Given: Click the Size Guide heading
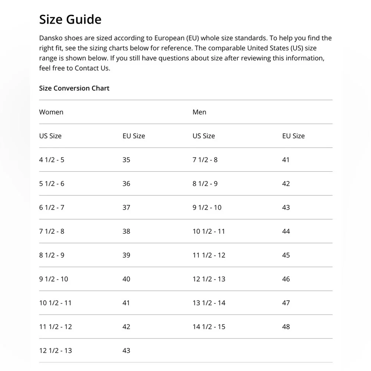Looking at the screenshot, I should (x=70, y=19).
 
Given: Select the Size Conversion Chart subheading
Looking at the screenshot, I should (x=74, y=88).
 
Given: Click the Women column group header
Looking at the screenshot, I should (x=51, y=112).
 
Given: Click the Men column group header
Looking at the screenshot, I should (x=199, y=112).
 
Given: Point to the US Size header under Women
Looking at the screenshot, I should (x=50, y=136).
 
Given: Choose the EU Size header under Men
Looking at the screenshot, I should (x=293, y=136).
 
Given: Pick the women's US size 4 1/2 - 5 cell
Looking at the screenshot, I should (x=52, y=160).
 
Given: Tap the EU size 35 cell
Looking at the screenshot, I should (x=126, y=160).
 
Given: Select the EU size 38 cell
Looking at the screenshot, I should (x=126, y=232).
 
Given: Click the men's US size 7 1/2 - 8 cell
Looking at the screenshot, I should (x=205, y=160).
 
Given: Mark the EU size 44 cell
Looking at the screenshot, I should (x=286, y=232).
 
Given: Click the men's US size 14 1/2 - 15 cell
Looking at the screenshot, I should (x=209, y=327).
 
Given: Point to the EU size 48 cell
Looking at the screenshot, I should (x=286, y=327).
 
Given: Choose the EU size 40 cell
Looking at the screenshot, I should (x=126, y=279).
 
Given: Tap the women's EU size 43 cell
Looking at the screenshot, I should (x=126, y=351).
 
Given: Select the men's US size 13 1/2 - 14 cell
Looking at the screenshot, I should (x=209, y=303).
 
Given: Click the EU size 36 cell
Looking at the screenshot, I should (x=126, y=184).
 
